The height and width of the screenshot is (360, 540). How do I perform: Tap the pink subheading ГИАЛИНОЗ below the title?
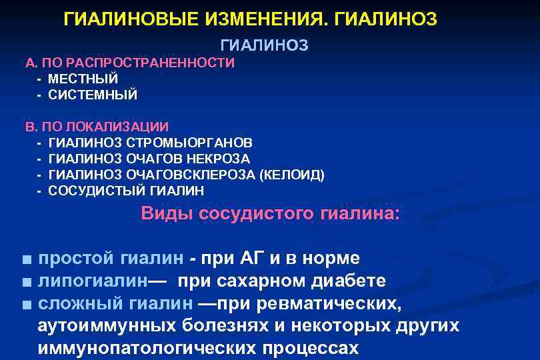pyautogui.click(x=264, y=45)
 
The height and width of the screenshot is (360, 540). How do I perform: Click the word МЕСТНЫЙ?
pyautogui.click(x=83, y=79)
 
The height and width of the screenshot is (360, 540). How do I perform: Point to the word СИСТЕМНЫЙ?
pyautogui.click(x=93, y=95)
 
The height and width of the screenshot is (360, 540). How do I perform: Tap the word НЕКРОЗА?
pyautogui.click(x=222, y=159)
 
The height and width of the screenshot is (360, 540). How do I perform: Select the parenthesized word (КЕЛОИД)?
pyautogui.click(x=293, y=175)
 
